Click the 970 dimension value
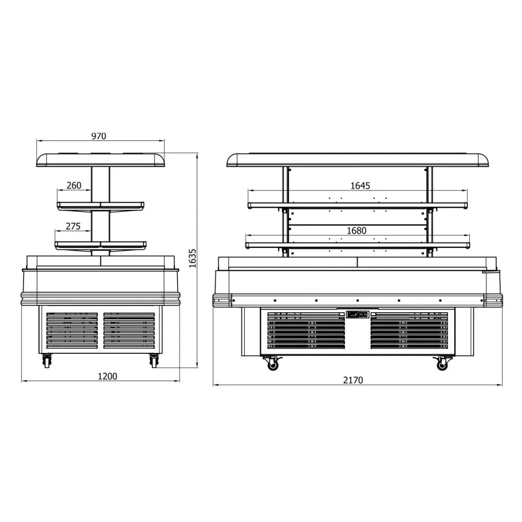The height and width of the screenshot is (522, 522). tap(99, 136)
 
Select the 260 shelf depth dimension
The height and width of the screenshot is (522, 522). tap(75, 185)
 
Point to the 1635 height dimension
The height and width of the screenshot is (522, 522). tap(192, 258)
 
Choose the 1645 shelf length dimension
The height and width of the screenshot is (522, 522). tap(360, 185)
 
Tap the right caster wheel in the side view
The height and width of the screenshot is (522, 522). tap(154, 361)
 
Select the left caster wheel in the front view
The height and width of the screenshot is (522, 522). tap(273, 363)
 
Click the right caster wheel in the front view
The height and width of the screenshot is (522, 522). tap(443, 363)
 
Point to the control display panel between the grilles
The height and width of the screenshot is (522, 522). tap(358, 315)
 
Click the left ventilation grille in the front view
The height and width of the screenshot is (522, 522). tap(306, 331)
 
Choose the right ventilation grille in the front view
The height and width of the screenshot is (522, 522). tap(409, 331)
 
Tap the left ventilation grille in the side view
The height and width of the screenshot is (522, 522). tap(72, 331)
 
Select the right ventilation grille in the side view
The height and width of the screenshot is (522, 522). tap(129, 331)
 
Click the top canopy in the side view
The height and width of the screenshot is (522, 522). tap(101, 159)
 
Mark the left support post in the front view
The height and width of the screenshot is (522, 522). tap(286, 211)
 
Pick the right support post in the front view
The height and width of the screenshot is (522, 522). tap(430, 211)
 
